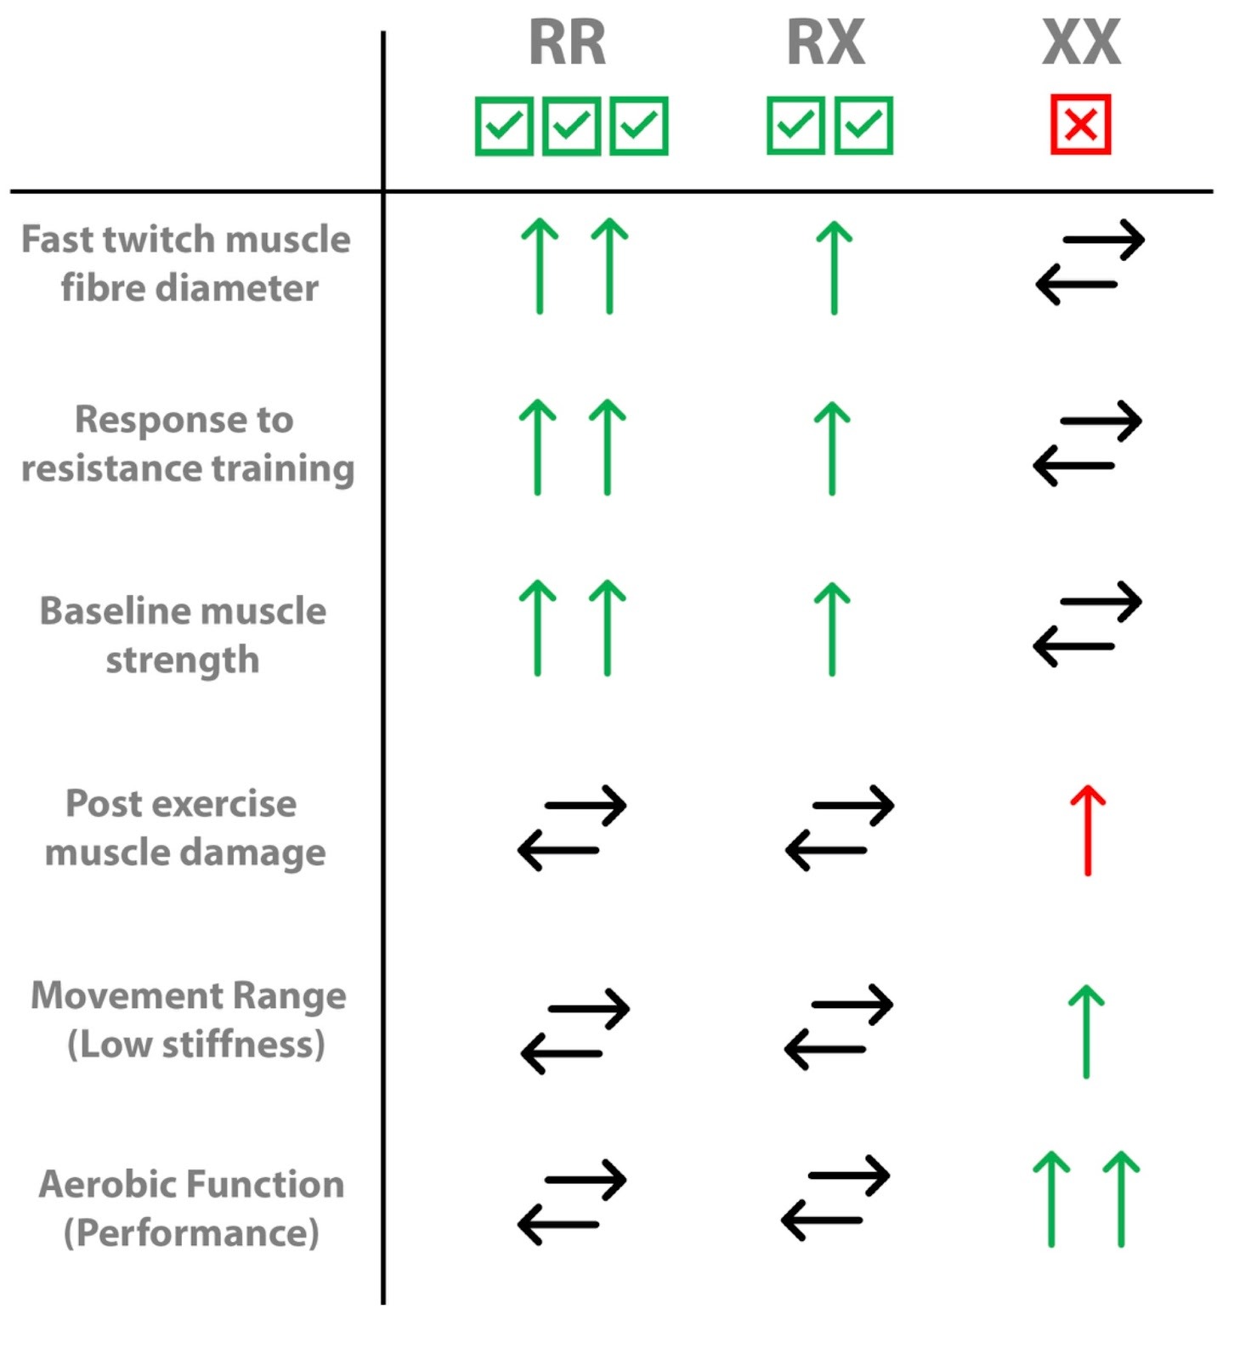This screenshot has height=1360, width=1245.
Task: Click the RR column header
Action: pos(567,42)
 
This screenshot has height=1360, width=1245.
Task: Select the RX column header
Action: pos(825,42)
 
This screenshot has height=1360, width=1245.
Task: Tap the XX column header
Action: pos(1081,42)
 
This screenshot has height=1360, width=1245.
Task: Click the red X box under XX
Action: pos(1080,125)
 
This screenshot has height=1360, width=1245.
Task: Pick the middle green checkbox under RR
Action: pos(571,126)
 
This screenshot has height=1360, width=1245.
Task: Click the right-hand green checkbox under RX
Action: pos(863,126)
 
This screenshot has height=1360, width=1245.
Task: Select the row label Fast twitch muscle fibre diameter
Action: pos(186,263)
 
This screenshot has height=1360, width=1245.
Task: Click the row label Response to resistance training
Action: pos(187,444)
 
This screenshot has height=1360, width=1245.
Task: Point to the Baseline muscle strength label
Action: pos(183,635)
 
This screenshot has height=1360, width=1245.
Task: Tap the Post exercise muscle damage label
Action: pos(184,827)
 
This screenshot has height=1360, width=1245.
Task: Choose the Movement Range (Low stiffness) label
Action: pos(189,1019)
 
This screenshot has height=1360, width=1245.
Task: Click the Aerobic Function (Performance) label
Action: pos(191,1208)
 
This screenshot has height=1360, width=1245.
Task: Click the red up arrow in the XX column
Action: pos(1087,830)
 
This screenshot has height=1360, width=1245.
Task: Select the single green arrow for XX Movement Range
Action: pos(1086,1031)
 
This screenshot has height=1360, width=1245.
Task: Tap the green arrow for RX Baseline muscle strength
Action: pos(832,629)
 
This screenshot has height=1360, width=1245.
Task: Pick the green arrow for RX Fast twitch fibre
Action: pos(834,267)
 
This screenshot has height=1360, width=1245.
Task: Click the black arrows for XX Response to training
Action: pos(1087,444)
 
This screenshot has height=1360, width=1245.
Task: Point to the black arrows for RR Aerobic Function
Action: pos(572,1202)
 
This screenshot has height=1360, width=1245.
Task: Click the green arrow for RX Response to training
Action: pos(832,448)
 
